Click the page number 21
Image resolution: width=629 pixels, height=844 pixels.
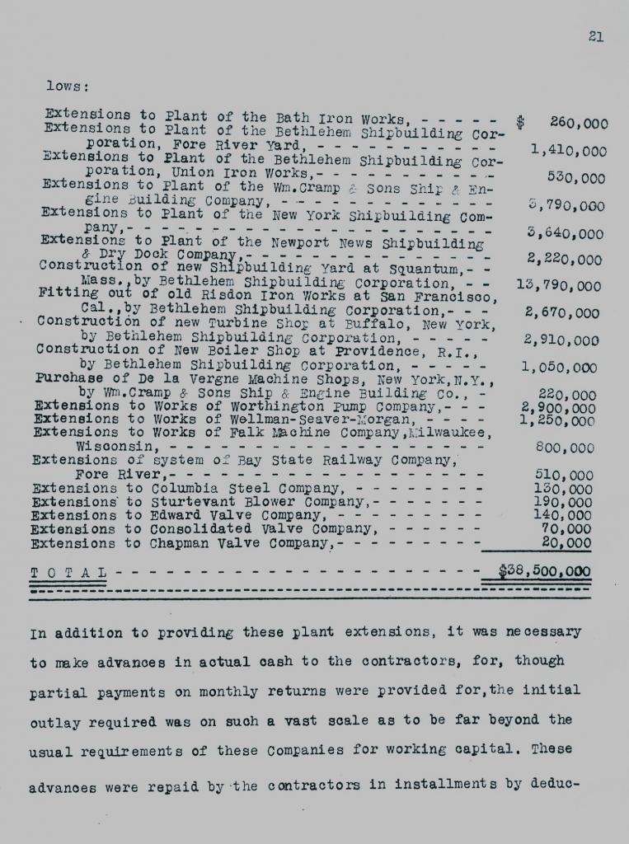pos(597,35)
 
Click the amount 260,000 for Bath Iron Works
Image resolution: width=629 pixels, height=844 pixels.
pos(579,123)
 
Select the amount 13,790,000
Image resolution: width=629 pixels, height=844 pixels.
pos(558,286)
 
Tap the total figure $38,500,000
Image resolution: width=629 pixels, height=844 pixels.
pos(545,571)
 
